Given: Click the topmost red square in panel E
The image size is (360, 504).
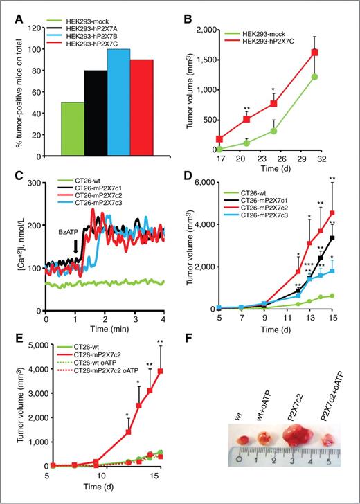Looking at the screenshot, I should [x=161, y=370].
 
